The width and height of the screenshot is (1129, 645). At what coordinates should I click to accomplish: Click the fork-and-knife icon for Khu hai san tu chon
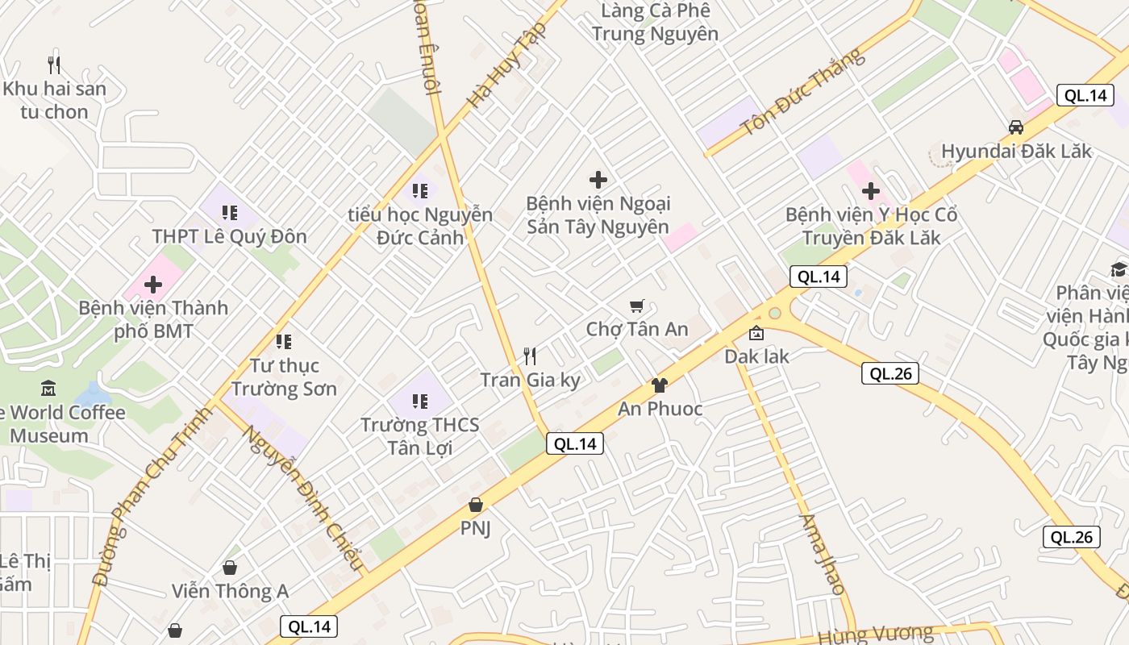tap(54, 64)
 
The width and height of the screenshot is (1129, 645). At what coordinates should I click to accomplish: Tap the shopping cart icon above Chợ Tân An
tap(637, 306)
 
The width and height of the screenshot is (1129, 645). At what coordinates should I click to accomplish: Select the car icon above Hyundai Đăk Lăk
tap(1016, 127)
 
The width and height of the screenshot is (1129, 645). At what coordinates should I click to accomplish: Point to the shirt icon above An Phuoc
tap(660, 385)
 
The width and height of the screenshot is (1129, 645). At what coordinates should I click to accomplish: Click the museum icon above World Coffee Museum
tap(48, 389)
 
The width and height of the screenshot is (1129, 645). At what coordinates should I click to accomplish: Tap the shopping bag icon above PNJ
tap(476, 506)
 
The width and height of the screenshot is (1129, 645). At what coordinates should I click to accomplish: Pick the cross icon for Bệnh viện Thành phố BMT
tap(153, 285)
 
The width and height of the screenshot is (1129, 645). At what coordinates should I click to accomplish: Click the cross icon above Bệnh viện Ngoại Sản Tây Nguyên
tap(598, 180)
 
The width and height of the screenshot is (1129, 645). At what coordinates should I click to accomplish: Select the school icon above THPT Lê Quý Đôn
tap(230, 213)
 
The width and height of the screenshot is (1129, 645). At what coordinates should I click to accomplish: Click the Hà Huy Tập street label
tap(507, 66)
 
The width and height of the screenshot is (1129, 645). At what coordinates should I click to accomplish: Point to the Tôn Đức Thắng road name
tap(802, 91)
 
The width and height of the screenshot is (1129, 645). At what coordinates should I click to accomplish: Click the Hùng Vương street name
tap(875, 635)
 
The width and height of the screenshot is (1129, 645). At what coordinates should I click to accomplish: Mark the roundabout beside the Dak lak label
tap(775, 313)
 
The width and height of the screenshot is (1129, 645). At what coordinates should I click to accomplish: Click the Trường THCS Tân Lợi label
tap(419, 436)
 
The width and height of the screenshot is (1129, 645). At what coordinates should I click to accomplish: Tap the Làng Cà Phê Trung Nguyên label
tap(655, 23)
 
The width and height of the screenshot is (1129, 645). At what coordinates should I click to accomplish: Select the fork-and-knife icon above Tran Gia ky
tap(530, 356)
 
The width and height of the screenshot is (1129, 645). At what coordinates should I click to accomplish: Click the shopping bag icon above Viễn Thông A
tap(230, 568)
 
